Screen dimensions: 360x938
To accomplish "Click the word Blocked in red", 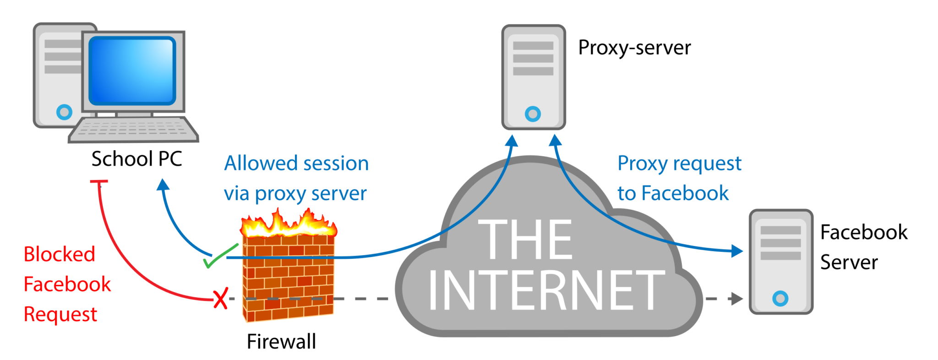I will coord(60,254).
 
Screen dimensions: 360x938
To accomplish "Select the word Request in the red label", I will coord(60,315).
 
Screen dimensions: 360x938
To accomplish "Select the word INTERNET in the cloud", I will coord(546,290).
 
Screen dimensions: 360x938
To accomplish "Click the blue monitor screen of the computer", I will coord(132,71).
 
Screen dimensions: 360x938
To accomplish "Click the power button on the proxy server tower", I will coord(533,114).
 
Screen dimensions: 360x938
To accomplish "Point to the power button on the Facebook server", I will coord(780,299).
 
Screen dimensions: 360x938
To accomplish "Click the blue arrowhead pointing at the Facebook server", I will coord(737,251).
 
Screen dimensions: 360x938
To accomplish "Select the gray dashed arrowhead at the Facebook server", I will coord(737,299).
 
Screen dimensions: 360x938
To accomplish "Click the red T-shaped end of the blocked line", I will coord(99,182).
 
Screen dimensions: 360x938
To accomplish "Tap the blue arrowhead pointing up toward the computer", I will coord(163,184).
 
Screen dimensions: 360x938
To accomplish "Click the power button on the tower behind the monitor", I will coord(64,112).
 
